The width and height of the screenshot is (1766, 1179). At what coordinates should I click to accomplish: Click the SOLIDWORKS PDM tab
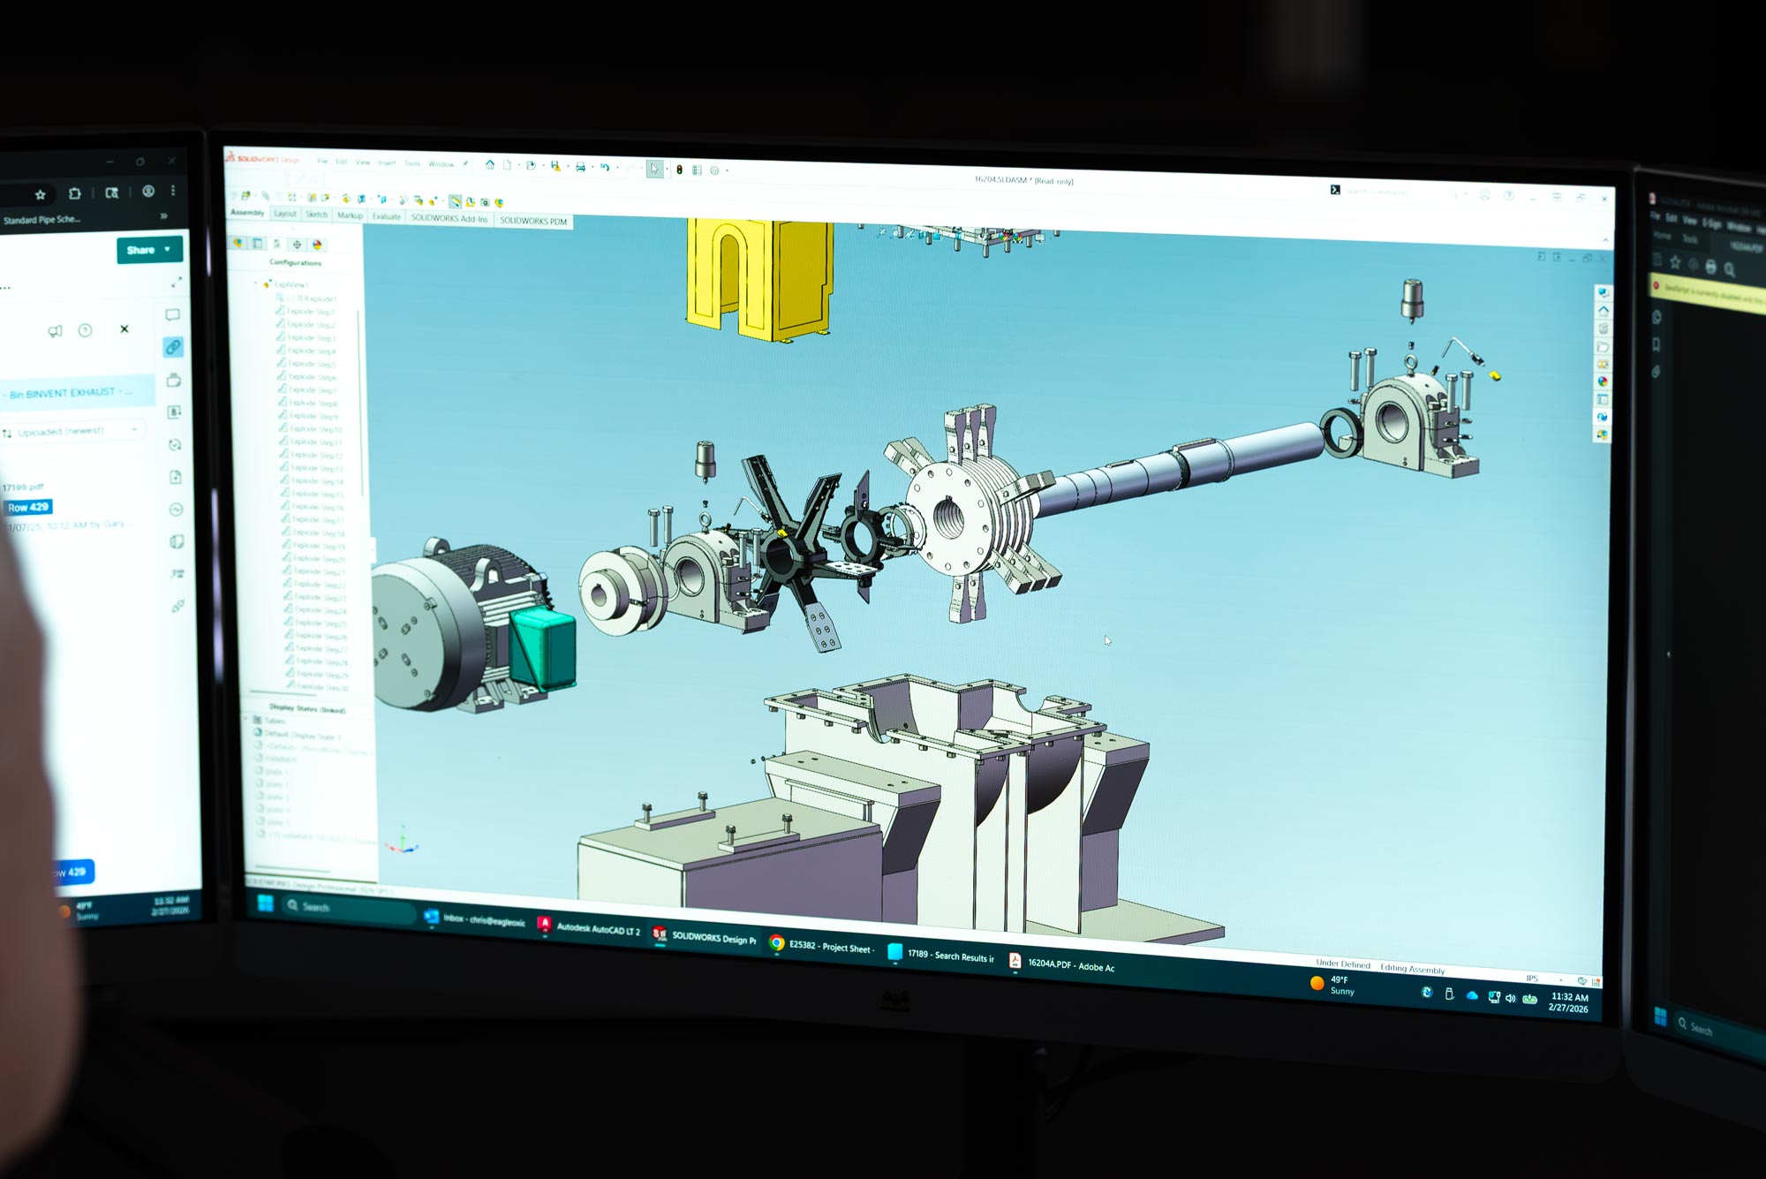tap(532, 221)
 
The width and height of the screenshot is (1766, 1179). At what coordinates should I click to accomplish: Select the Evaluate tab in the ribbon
tap(386, 216)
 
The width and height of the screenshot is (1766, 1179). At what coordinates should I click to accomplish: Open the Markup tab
tap(350, 215)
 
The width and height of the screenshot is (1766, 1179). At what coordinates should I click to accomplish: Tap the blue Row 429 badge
tap(28, 507)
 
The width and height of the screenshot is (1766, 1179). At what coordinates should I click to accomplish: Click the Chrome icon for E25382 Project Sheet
tap(777, 943)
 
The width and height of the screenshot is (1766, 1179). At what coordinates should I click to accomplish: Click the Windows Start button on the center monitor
tap(265, 903)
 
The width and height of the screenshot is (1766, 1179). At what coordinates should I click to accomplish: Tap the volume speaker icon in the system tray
tap(1510, 998)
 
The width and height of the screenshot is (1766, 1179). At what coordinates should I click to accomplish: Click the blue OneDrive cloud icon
tap(1471, 995)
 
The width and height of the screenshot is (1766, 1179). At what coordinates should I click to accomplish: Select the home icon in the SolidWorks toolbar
tap(490, 164)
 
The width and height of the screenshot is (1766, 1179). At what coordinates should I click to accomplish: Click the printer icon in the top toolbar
tap(580, 166)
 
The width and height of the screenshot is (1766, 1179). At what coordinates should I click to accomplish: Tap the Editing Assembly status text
tap(1412, 969)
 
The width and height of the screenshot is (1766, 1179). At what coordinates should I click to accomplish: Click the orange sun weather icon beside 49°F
tap(1317, 983)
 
